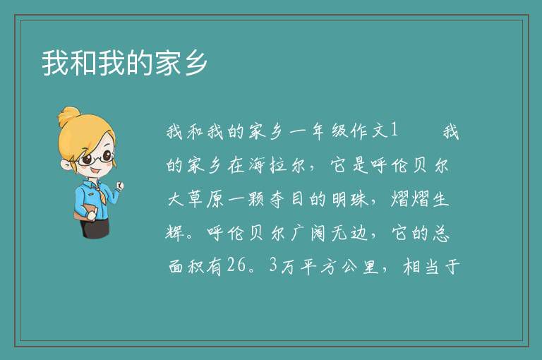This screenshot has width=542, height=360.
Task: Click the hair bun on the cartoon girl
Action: coord(69,116)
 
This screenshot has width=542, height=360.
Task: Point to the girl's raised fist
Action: coord(120,186)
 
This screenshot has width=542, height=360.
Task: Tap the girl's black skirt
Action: coord(95,227)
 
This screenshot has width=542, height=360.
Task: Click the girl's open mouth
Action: coord(95,171)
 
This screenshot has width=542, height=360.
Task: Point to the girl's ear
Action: coord(66,164)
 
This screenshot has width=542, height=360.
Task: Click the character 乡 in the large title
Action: coord(196,63)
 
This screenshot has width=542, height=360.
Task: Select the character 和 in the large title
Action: coord(84,63)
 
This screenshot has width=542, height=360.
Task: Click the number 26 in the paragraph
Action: coord(237,265)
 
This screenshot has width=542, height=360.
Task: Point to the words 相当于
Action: coord(431,267)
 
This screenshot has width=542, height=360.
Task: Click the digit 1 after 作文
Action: coord(394,131)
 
